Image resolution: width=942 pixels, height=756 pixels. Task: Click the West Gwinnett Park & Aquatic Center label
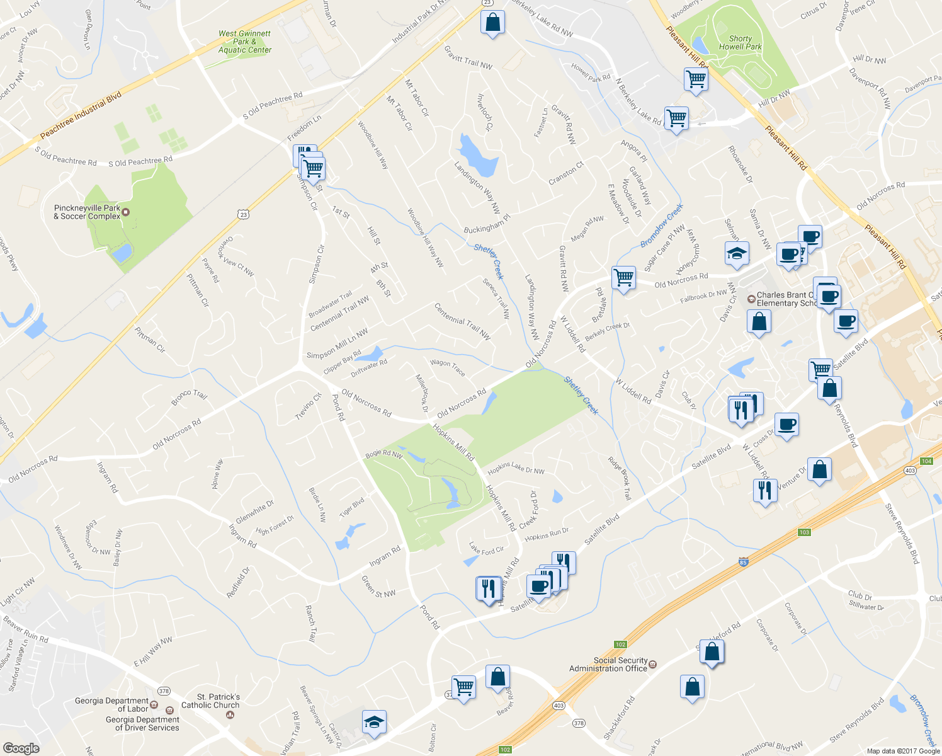(244, 42)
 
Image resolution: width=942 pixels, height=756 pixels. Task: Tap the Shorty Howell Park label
(740, 43)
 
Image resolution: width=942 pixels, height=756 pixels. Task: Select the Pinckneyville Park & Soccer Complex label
(87, 212)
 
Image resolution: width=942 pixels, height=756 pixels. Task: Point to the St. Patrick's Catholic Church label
(210, 701)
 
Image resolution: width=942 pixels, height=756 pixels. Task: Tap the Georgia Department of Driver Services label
(142, 724)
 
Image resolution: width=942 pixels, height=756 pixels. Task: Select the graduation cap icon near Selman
(737, 254)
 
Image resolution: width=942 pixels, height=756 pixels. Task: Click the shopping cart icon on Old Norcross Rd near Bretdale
(623, 277)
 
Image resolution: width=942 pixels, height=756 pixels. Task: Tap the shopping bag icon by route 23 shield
(492, 23)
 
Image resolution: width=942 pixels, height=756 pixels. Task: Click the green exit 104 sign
(926, 461)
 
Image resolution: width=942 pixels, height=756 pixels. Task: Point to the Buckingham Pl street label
(487, 224)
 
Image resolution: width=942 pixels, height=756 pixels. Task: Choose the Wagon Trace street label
(448, 367)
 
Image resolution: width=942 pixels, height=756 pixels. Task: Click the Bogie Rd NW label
(383, 454)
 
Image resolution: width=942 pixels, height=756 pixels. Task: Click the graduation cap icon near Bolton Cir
(374, 723)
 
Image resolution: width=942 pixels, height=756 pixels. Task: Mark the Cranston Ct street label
(566, 173)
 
